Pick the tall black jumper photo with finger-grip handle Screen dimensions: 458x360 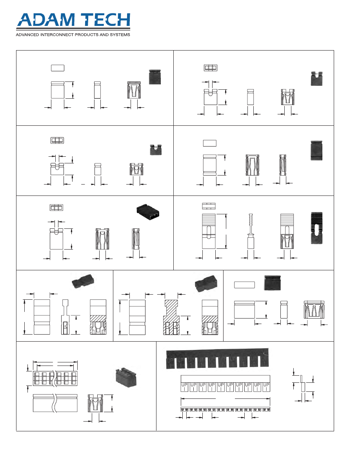click(316, 228)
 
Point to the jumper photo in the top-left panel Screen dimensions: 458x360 click(156, 77)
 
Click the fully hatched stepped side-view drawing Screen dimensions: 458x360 click(171, 317)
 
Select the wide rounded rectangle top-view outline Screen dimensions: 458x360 click(244, 285)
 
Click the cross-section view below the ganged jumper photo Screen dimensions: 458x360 click(95, 403)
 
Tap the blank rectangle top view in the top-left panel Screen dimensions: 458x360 click(57, 68)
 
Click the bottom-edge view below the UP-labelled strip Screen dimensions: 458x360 click(225, 410)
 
